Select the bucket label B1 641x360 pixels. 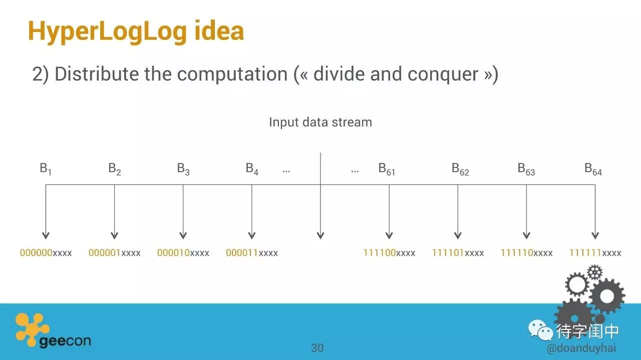[x=46, y=169]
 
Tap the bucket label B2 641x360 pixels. [x=115, y=169]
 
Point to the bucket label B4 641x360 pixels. [x=252, y=169]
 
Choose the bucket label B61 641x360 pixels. [x=387, y=169]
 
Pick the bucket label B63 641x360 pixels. [x=526, y=169]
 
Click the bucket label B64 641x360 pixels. [x=593, y=169]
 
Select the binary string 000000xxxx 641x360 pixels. [x=46, y=253]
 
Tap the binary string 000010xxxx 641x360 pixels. [x=183, y=253]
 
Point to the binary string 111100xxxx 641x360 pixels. [x=389, y=253]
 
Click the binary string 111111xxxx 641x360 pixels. [x=595, y=253]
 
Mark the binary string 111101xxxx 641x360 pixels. [x=458, y=253]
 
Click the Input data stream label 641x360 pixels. [x=320, y=122]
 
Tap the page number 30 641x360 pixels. [x=317, y=348]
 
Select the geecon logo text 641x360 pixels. [x=65, y=341]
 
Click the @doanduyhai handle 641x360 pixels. [x=581, y=348]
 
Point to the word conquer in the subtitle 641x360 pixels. [x=443, y=75]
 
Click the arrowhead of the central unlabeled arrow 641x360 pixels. [x=320, y=235]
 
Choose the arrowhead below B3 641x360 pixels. [x=183, y=235]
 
